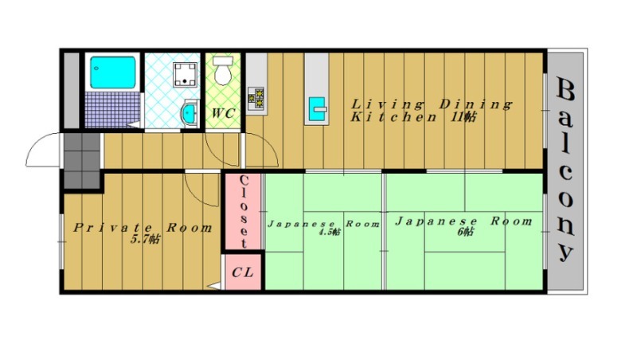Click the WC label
(223, 113)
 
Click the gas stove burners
(257, 97)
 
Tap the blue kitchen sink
(317, 107)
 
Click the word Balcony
(565, 170)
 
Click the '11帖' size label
(465, 117)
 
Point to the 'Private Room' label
(143, 227)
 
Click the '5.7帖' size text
(145, 239)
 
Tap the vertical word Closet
(244, 210)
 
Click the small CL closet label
(243, 272)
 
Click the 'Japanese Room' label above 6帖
(463, 221)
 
